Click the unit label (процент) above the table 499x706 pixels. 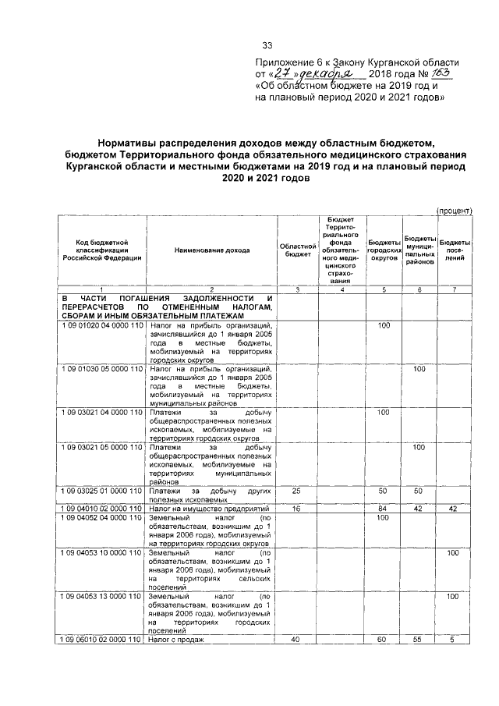454,211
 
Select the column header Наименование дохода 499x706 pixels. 212,250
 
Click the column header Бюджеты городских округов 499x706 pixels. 383,250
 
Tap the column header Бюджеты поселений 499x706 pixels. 454,250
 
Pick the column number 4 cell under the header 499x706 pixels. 341,289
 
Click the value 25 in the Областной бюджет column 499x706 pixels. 296,491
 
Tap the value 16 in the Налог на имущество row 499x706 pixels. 296,508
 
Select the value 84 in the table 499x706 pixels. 383,508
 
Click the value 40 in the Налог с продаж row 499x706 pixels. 296,640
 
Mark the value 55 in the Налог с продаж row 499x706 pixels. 419,640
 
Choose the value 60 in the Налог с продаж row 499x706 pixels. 383,640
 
